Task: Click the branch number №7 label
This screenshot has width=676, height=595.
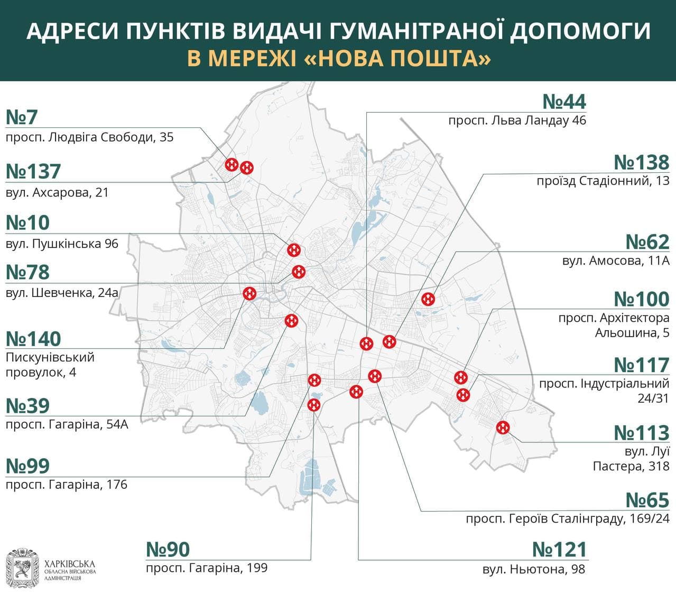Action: (22, 117)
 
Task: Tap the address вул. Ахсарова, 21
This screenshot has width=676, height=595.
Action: (57, 192)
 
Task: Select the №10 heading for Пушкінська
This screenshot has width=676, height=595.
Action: (27, 222)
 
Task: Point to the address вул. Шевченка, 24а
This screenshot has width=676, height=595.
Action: (62, 292)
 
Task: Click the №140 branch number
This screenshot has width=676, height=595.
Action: (33, 339)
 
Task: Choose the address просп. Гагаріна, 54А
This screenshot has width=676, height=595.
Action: (67, 424)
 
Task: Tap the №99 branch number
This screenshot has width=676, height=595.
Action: (27, 466)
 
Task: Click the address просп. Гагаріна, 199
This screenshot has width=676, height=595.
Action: (207, 568)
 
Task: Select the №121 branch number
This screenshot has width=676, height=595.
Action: (560, 550)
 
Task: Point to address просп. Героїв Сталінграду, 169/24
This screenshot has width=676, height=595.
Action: (567, 519)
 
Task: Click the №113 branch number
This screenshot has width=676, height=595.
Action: (642, 433)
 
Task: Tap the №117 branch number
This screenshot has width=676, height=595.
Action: (642, 365)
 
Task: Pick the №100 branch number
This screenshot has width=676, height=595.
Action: (642, 299)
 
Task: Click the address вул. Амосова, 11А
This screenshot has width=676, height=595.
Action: (616, 261)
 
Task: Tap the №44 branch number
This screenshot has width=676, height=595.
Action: (564, 101)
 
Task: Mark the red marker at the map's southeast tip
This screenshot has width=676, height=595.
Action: (503, 427)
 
